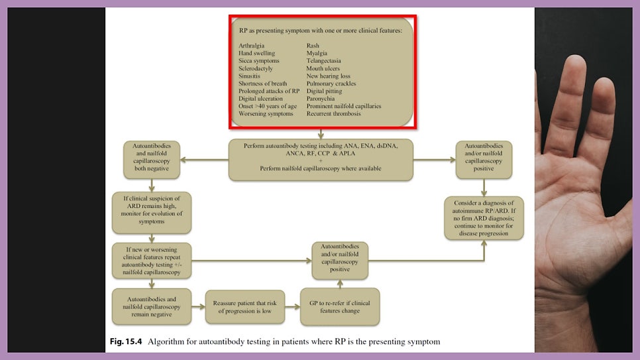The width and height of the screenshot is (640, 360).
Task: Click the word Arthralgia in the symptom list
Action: point(251,46)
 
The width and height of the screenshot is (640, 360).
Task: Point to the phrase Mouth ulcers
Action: point(323,68)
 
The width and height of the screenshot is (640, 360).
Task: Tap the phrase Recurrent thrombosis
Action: point(333,114)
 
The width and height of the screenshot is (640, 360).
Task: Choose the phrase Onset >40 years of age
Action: point(267,106)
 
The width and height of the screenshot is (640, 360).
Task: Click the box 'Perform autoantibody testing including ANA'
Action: point(321,160)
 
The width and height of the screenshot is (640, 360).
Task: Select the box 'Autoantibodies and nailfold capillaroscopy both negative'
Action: point(152,160)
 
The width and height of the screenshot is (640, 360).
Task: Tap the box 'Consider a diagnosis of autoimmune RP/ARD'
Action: point(484,218)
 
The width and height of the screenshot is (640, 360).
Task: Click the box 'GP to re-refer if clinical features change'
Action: point(340,307)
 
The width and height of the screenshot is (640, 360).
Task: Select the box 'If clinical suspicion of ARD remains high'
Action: point(152,213)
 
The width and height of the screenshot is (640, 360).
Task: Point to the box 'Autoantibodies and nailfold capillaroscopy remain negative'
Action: point(152,306)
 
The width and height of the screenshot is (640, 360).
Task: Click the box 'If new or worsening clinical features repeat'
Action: point(152,261)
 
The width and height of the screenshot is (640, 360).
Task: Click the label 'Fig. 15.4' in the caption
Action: point(128,342)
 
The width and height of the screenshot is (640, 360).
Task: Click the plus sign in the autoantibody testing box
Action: point(321,161)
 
